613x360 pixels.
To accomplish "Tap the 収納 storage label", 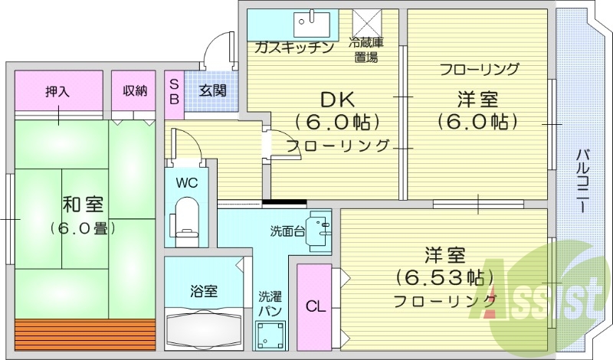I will [x=134, y=91].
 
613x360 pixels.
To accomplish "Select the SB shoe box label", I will [x=174, y=91].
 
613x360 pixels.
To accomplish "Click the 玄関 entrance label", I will [x=212, y=91].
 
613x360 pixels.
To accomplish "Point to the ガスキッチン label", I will [x=294, y=47].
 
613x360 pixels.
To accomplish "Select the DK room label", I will [x=338, y=99].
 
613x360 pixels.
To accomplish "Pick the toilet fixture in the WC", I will [x=185, y=216].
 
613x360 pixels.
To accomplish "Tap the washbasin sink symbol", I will [x=318, y=231].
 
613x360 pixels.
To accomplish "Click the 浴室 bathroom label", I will [x=204, y=290].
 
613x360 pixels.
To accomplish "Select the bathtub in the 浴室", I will [x=203, y=329].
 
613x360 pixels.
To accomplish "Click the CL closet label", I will [x=315, y=307].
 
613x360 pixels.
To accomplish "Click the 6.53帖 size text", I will [x=444, y=276].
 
